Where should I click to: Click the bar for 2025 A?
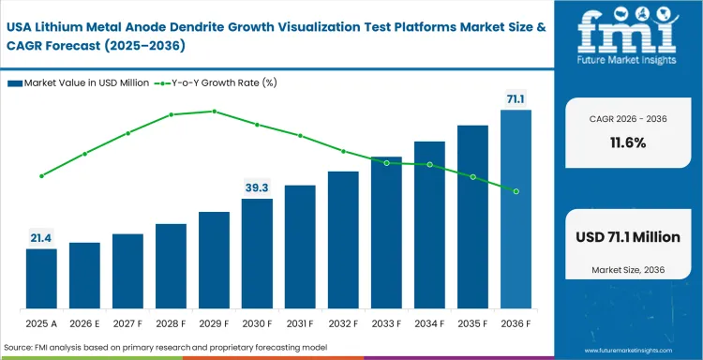pos(41,278)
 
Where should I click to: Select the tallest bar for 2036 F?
pos(516,209)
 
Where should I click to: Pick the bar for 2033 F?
pos(386,232)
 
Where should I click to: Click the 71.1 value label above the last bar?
pos(516,97)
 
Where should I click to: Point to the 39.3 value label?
pos(257,187)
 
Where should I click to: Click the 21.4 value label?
pos(41,238)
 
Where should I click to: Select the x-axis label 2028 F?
pos(171,323)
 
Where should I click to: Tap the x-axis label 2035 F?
pos(472,323)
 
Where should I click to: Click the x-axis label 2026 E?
pos(84,323)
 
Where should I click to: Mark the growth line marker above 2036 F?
pos(516,191)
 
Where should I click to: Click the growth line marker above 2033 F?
pos(386,163)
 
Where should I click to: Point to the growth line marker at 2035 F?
pos(472,177)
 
